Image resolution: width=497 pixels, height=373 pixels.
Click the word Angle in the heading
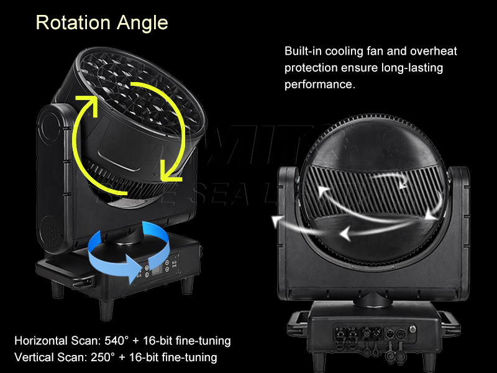[x=142, y=24]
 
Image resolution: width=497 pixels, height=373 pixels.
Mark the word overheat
[x=432, y=51]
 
